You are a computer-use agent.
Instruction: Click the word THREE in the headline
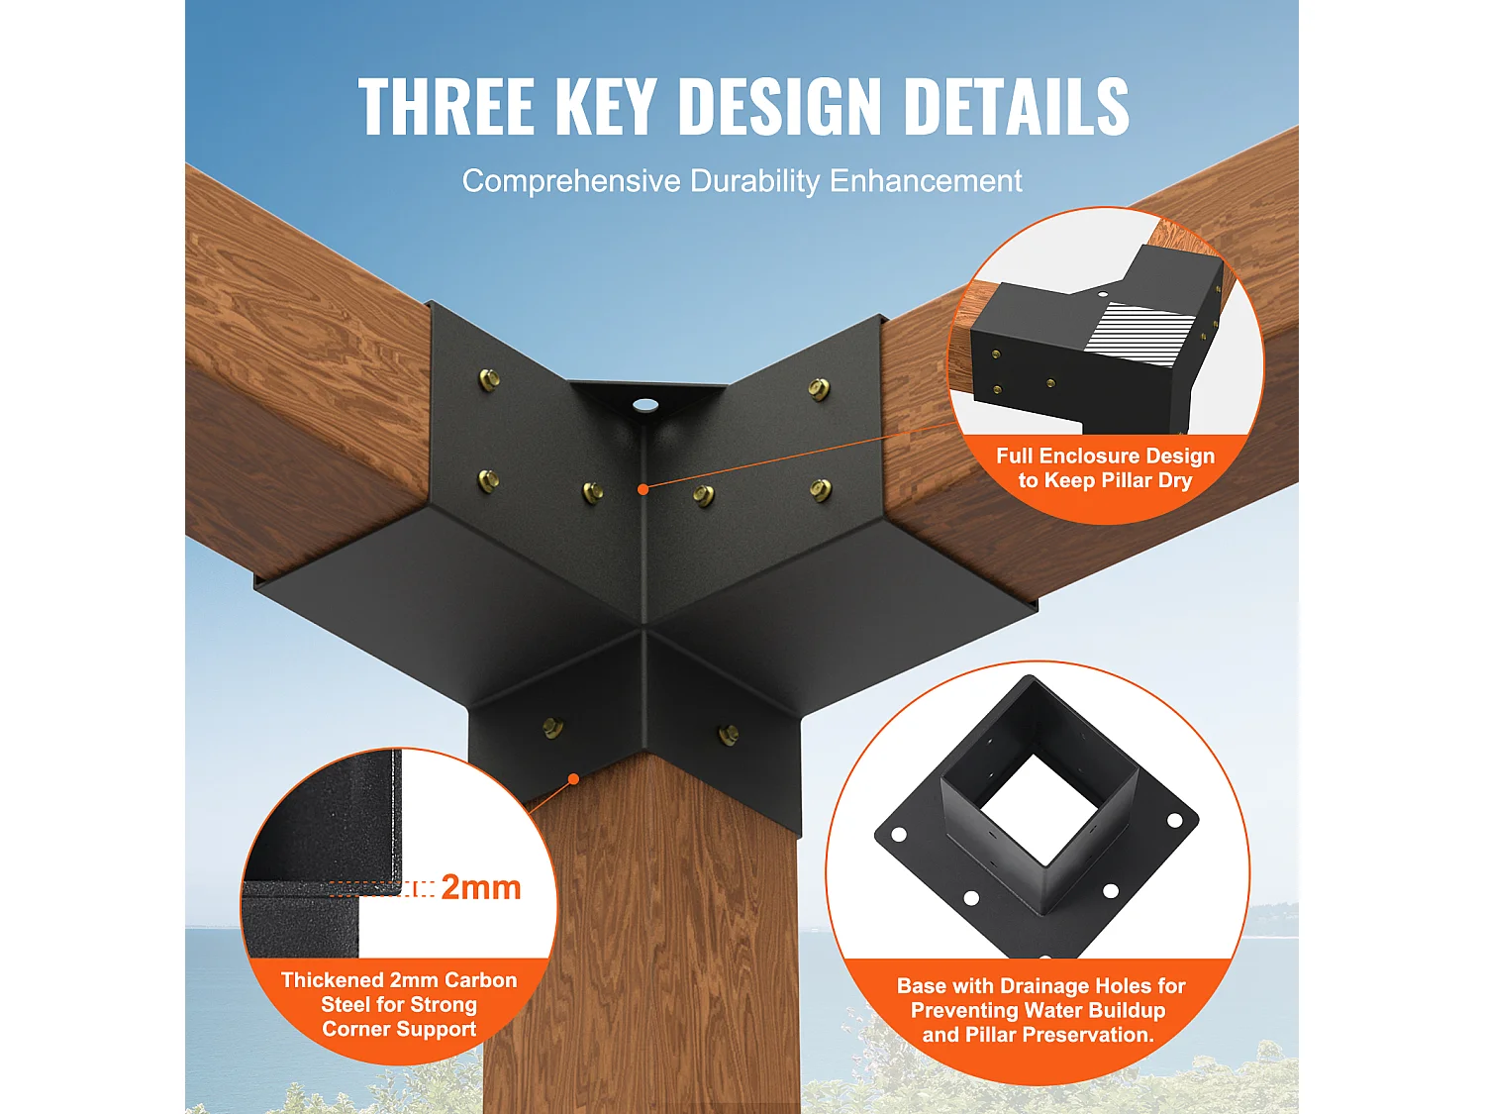[445, 106]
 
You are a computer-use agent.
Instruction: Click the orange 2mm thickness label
[480, 887]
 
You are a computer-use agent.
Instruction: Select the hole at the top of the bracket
[645, 404]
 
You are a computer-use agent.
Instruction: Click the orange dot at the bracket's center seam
[643, 489]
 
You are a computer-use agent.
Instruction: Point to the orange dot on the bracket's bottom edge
[573, 779]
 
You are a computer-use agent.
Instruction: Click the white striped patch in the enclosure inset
[1139, 329]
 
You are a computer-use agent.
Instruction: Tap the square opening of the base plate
[1039, 810]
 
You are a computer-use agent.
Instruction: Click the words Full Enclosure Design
[1105, 456]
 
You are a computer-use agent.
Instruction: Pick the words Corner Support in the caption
[399, 1029]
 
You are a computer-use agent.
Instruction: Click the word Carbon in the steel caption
[480, 980]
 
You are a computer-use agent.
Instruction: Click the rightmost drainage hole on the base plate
[1175, 821]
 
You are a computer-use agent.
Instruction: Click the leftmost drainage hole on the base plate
[899, 835]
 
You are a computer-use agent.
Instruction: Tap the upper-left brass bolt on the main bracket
[489, 378]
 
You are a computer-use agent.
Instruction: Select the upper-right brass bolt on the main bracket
[819, 388]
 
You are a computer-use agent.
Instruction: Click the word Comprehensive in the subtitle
[571, 181]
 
